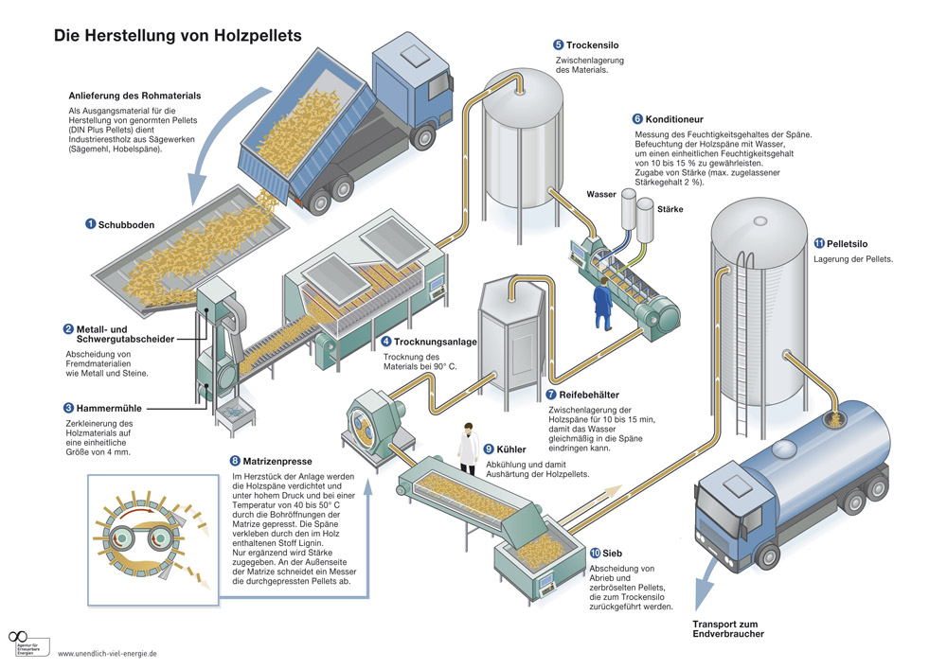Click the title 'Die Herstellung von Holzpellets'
pos(177,36)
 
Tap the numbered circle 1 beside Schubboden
pos(90,224)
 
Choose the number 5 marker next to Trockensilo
pos(559,44)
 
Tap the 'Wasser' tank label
pos(601,194)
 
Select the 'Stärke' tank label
pos(669,208)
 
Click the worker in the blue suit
pos(602,305)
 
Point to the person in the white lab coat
pos(468,449)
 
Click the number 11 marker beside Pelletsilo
pos(818,243)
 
